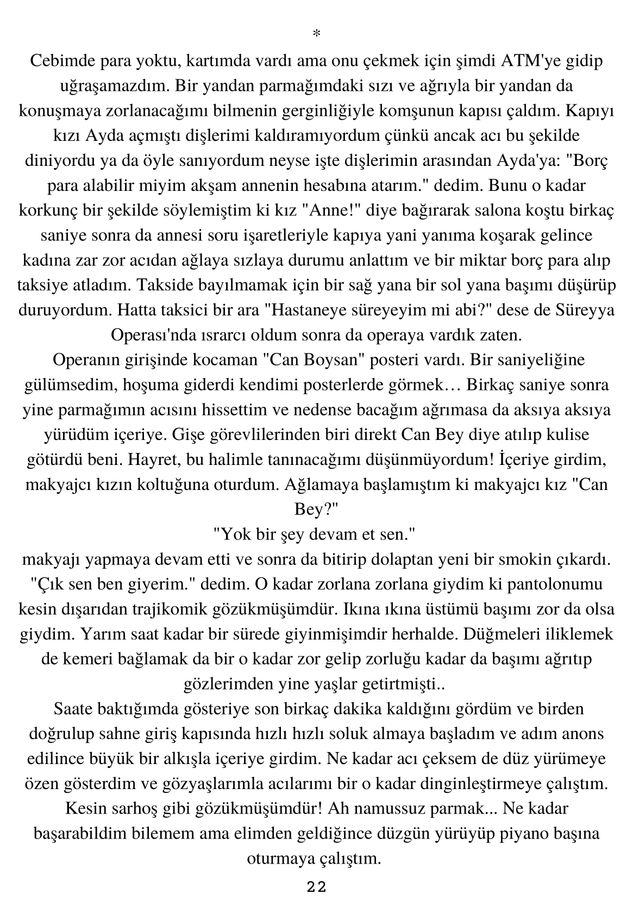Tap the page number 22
[316, 887]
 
